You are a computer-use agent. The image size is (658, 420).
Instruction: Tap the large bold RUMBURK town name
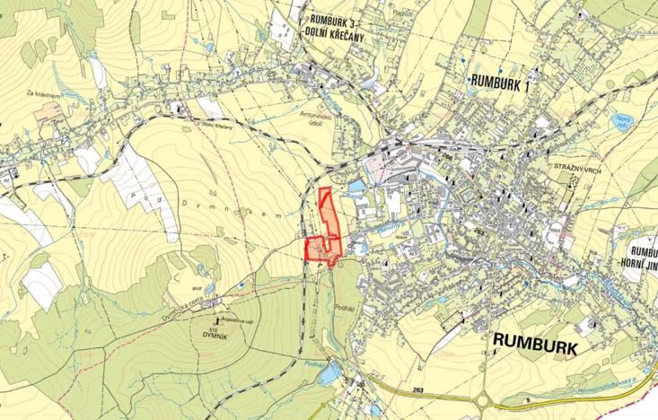[x=536, y=343]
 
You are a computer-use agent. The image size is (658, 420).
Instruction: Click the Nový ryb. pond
[x=619, y=123]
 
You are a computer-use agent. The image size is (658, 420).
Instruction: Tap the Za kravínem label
[x=42, y=93]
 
